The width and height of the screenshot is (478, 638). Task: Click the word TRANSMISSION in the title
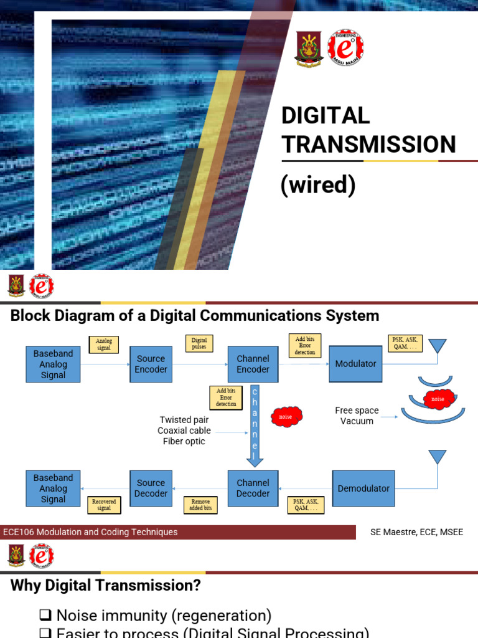368,144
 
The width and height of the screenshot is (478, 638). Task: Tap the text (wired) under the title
318,185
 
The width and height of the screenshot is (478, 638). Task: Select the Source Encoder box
151,364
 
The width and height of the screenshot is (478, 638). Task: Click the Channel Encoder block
253,364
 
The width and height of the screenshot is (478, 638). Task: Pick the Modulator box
355,364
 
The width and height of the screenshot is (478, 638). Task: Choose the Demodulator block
363,488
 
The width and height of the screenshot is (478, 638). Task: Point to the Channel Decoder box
253,488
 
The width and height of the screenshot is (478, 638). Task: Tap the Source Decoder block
151,488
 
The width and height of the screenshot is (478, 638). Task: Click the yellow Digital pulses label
199,343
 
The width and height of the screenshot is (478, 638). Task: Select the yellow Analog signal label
104,345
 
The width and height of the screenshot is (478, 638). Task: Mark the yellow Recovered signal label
104,504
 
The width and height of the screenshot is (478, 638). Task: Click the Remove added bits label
200,505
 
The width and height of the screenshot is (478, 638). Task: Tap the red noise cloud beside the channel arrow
286,416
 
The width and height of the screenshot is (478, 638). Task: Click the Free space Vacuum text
357,416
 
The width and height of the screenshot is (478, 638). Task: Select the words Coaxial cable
184,431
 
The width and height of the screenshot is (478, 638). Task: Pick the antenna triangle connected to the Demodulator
438,457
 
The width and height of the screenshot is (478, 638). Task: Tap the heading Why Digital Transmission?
106,586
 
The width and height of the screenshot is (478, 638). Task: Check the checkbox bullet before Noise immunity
45,616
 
